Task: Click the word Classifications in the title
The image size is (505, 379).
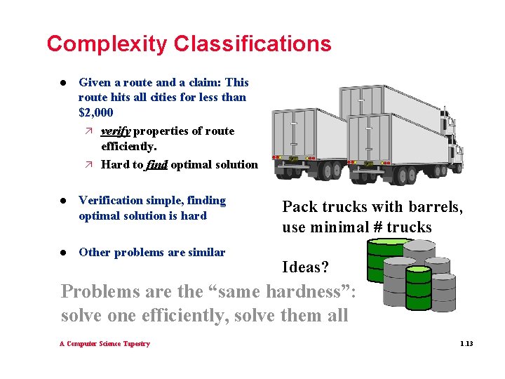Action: [252, 44]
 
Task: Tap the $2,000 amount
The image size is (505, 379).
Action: [96, 112]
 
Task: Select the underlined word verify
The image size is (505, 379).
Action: [116, 131]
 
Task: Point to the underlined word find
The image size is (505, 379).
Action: [156, 165]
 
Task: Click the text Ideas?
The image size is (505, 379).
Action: [305, 267]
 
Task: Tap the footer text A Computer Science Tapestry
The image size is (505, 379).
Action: [105, 344]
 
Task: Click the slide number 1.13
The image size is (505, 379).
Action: [466, 344]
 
